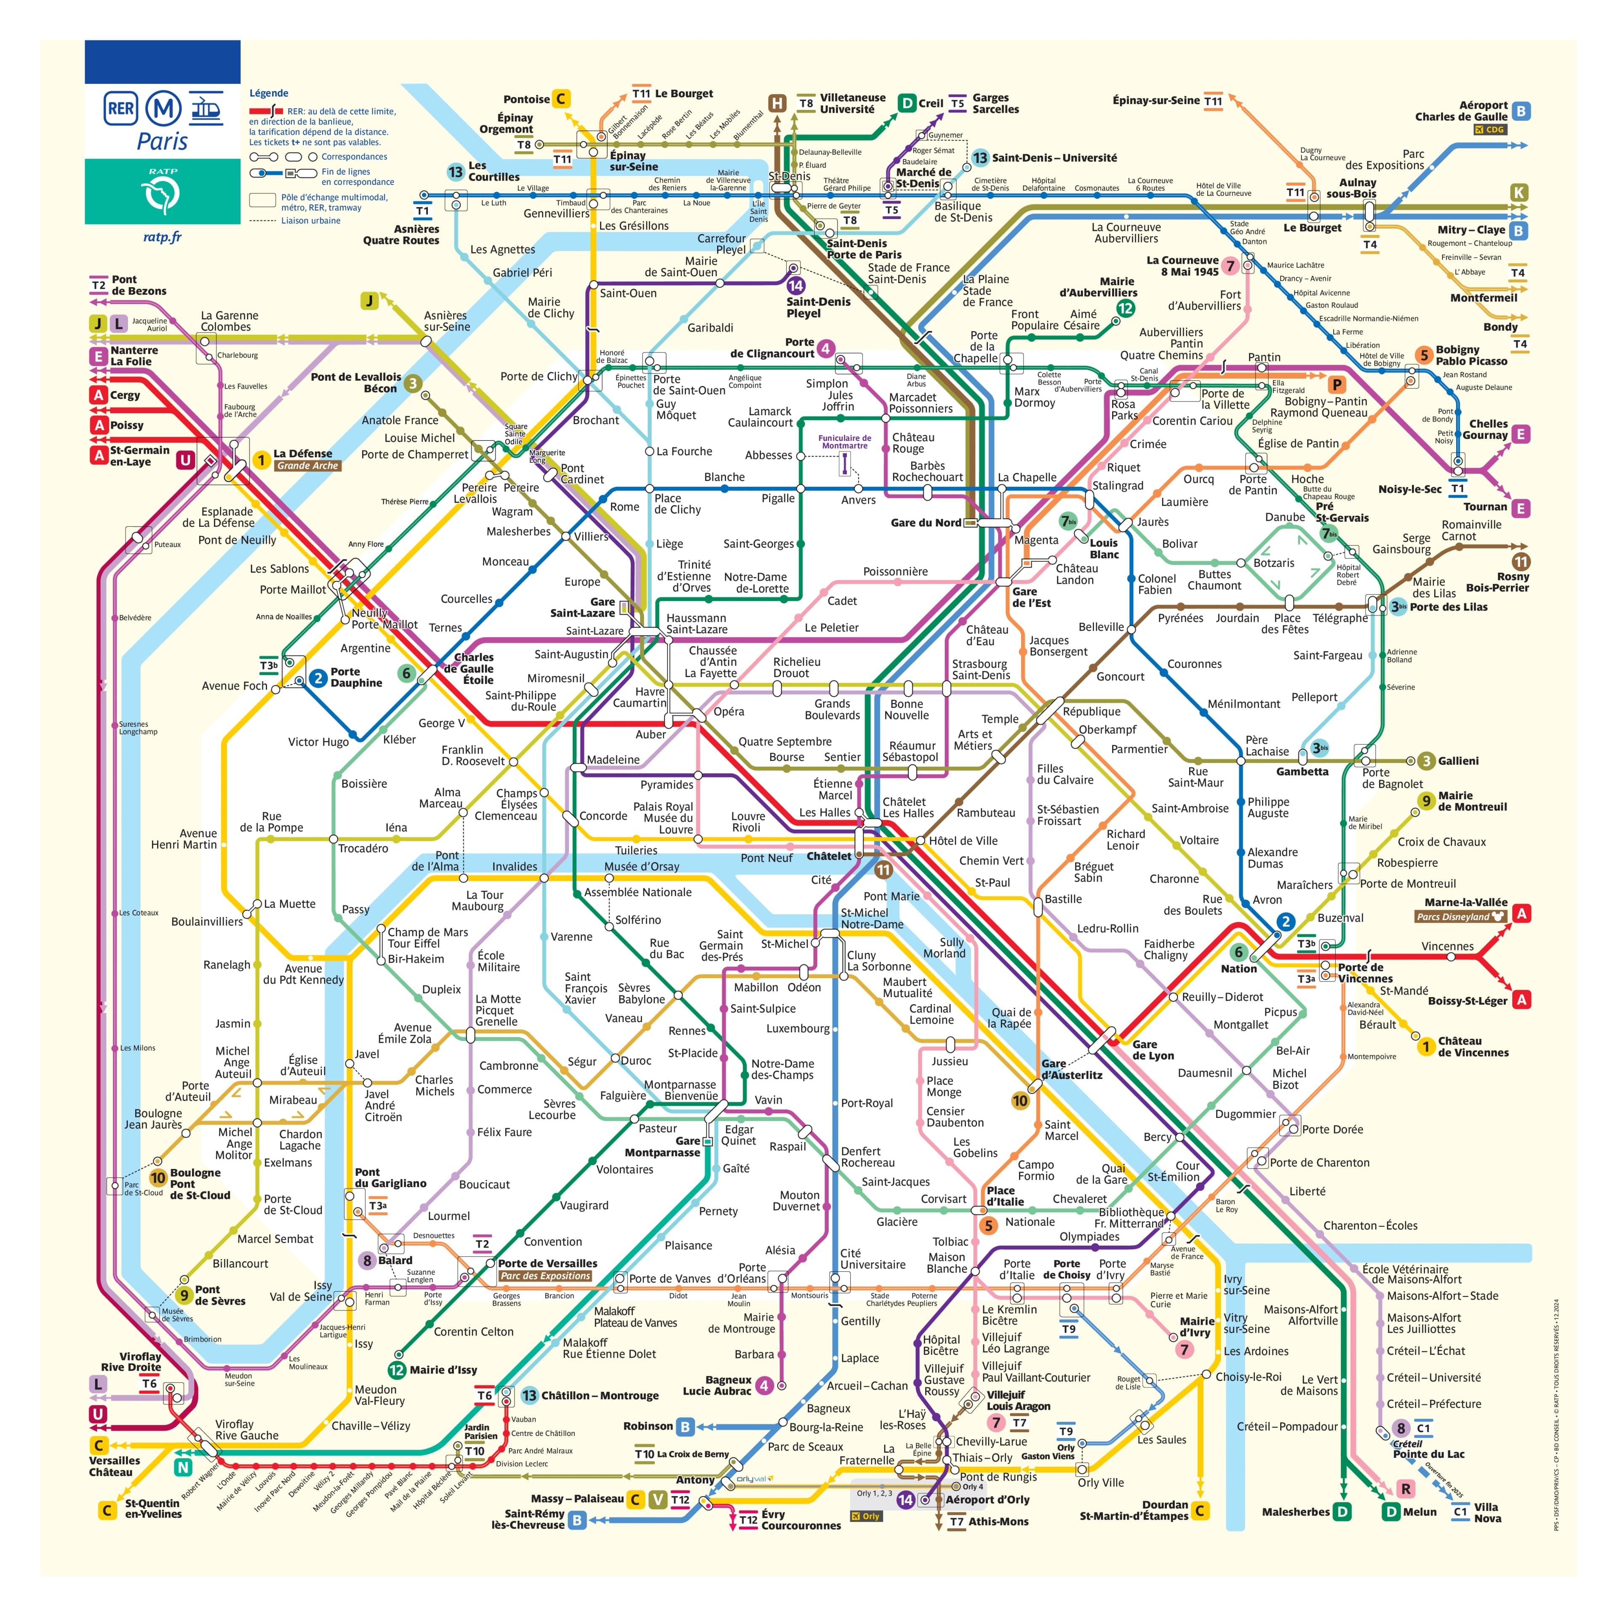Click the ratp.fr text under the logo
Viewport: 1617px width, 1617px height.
pyautogui.click(x=163, y=237)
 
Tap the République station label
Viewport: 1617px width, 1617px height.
pyautogui.click(x=1091, y=711)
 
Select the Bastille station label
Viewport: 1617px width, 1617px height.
pyautogui.click(x=1063, y=899)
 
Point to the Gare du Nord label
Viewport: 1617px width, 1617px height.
pyautogui.click(x=926, y=522)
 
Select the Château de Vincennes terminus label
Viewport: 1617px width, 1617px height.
pyautogui.click(x=1473, y=1047)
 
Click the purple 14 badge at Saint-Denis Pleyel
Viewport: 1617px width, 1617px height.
pyautogui.click(x=795, y=286)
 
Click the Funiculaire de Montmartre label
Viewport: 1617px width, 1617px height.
pyautogui.click(x=844, y=442)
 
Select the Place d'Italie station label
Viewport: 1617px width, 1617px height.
pyautogui.click(x=1004, y=1196)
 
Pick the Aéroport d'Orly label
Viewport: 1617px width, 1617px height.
pyautogui.click(x=987, y=1499)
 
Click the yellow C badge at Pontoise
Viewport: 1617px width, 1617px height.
pyautogui.click(x=561, y=99)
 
